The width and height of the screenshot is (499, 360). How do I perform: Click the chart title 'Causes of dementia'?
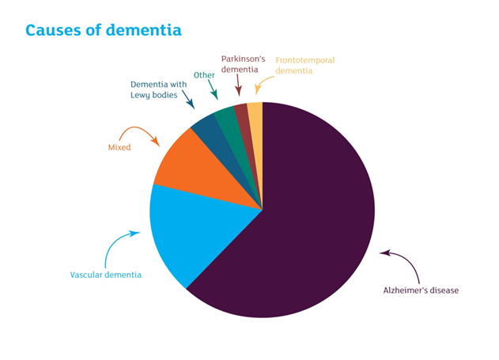pos(104,31)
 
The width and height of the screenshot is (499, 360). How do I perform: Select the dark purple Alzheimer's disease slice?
pos(305,217)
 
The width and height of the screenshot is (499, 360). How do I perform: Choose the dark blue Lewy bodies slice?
pos(220,143)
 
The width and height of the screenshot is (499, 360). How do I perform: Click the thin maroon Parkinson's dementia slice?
pos(246,127)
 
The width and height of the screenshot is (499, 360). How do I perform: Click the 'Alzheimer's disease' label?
pos(421,290)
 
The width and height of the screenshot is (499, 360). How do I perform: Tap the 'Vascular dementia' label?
pos(106,275)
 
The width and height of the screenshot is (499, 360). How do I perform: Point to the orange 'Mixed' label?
pos(119,147)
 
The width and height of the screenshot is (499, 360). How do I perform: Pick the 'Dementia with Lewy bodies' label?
pos(158,89)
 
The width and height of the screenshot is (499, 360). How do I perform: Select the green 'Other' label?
pos(204,75)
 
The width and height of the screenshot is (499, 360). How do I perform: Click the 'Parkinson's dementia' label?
pos(243,64)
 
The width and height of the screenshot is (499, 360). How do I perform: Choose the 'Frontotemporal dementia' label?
pos(305,65)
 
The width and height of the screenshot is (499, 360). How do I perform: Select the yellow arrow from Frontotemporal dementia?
pos(261,82)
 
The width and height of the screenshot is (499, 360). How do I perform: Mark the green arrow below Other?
pos(214,89)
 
